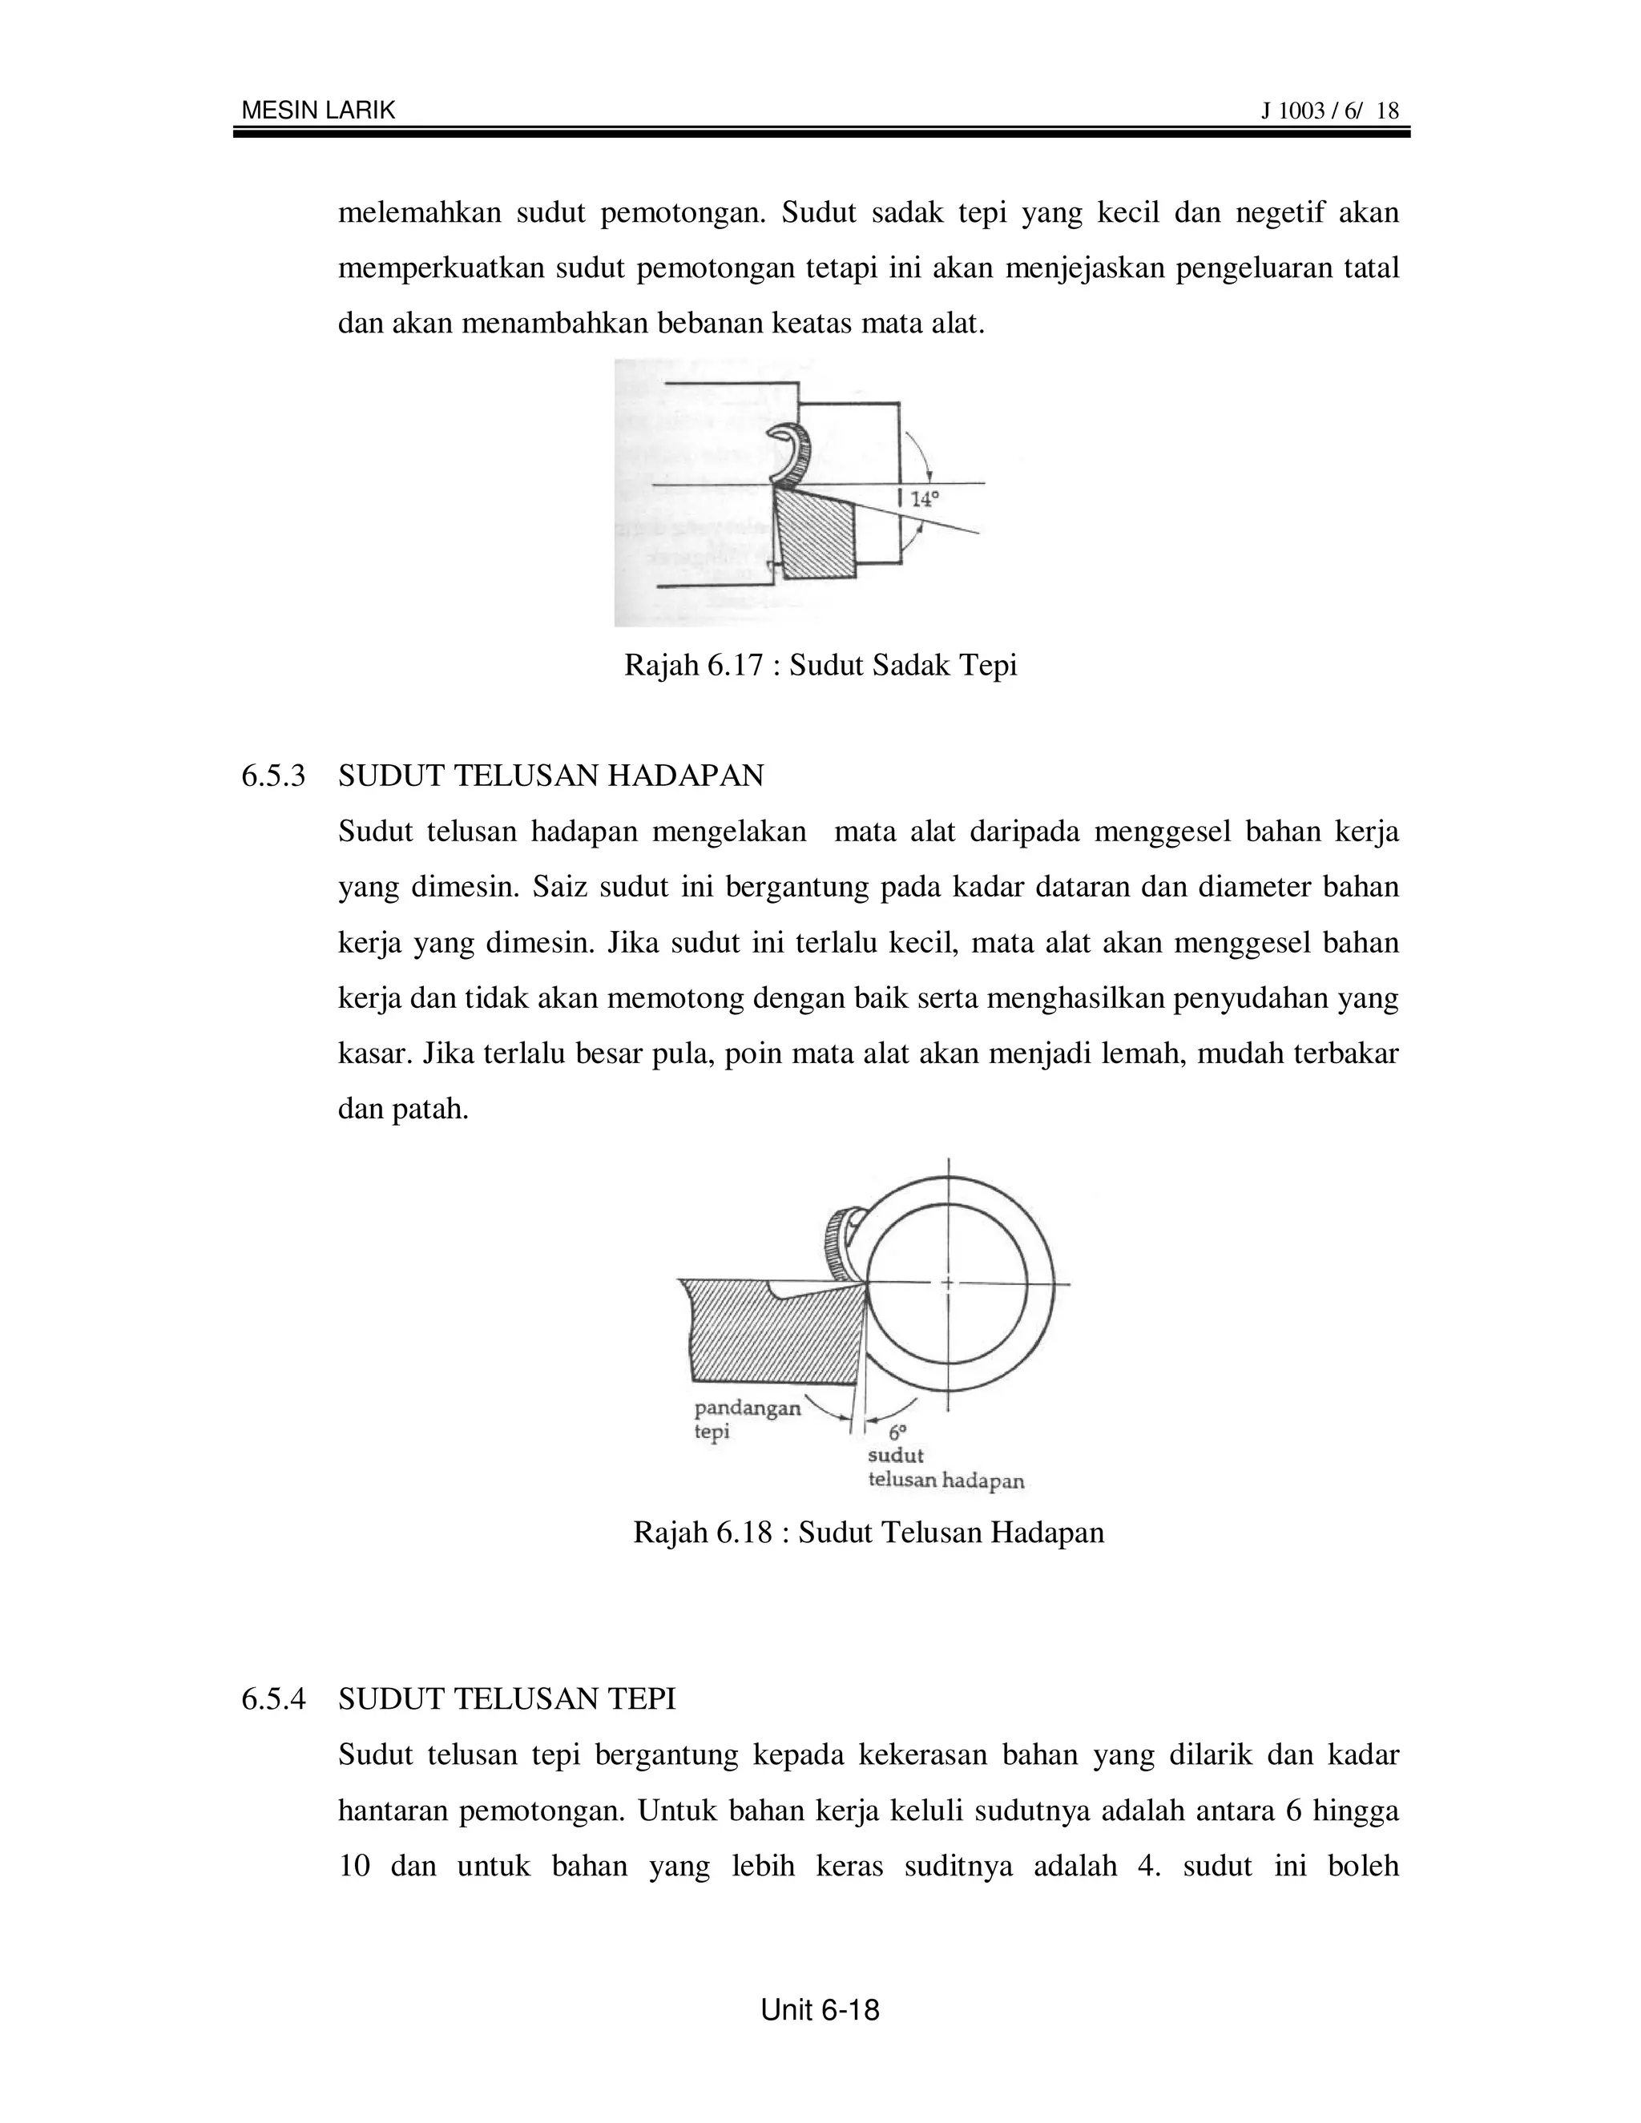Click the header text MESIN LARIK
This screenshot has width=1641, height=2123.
coord(318,111)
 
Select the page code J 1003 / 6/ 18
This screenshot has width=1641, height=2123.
coord(1329,111)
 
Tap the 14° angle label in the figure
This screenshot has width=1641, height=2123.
coord(924,501)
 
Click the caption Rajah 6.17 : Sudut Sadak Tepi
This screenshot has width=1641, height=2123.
coord(820,666)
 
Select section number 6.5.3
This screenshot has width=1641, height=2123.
coord(273,775)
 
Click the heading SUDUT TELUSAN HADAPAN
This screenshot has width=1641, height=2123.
coord(551,775)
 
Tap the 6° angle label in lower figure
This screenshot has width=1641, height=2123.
coord(897,1432)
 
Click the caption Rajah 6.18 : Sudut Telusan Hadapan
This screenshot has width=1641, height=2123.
coord(868,1533)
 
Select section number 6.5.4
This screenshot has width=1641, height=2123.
coord(273,1699)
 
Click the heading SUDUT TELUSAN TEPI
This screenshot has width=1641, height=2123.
coord(506,1699)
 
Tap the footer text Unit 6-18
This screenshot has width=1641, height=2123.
coord(820,2010)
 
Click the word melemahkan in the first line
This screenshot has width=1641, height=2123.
coord(419,213)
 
